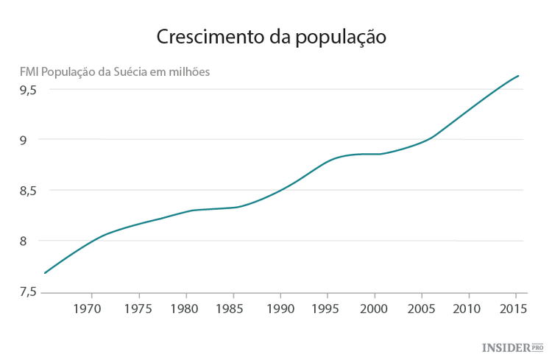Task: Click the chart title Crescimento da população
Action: [272, 37]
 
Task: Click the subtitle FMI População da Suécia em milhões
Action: [115, 72]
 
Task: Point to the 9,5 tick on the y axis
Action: [29, 90]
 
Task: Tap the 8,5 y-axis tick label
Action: [29, 191]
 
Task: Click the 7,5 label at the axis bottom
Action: [29, 292]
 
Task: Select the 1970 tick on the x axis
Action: [89, 308]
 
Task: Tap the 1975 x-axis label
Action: [137, 308]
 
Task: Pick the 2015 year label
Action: [512, 308]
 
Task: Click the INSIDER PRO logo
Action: [512, 346]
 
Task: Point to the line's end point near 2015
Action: [519, 76]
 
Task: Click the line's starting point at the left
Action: [45, 273]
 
